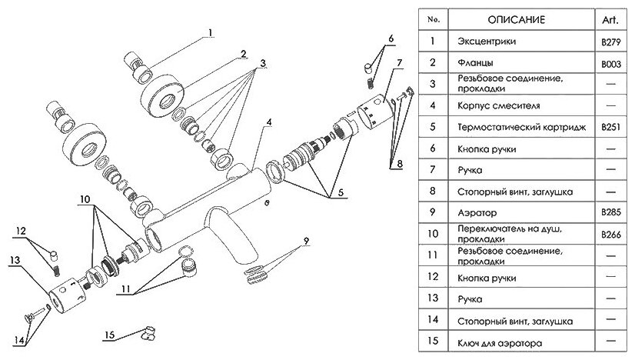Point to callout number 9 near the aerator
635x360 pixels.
point(306,242)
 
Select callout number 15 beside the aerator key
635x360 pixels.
point(111,335)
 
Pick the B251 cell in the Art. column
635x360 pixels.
point(612,125)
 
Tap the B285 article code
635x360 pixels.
point(612,210)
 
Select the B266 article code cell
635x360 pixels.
point(612,234)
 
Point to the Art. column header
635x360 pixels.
point(612,18)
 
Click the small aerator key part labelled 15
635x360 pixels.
point(147,332)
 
